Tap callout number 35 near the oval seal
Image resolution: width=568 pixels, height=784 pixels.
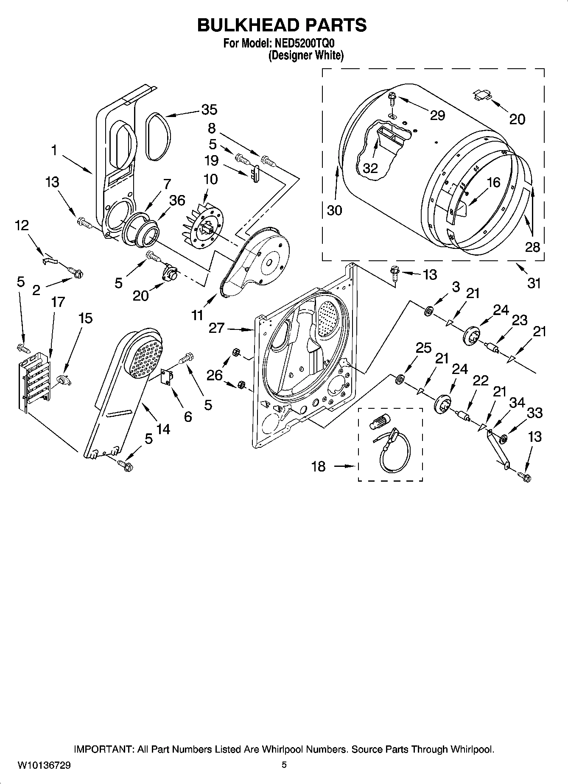[x=209, y=109]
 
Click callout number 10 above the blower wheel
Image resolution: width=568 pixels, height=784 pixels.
[x=211, y=179]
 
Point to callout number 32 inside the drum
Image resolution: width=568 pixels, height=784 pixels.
[x=370, y=168]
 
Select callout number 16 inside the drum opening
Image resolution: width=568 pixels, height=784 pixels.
[x=493, y=182]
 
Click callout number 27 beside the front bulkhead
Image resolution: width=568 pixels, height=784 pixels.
[x=216, y=328]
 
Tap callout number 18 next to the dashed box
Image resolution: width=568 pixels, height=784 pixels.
[x=318, y=466]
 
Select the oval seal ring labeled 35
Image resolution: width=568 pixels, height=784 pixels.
[x=159, y=137]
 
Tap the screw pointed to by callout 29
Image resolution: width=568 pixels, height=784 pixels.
[x=392, y=100]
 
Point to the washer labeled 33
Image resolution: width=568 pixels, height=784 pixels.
[x=503, y=439]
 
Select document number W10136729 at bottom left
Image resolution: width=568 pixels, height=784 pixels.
[x=44, y=765]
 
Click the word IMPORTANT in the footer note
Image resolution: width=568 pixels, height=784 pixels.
[x=104, y=749]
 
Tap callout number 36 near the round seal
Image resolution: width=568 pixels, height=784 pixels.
[x=177, y=200]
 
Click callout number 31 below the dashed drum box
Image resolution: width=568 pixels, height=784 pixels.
[x=534, y=282]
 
